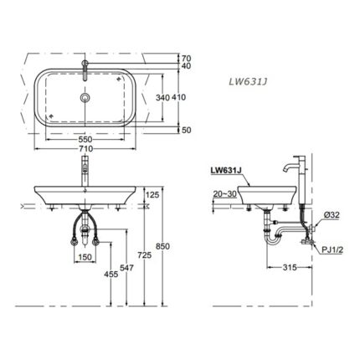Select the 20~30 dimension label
pyautogui.click(x=222, y=192)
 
